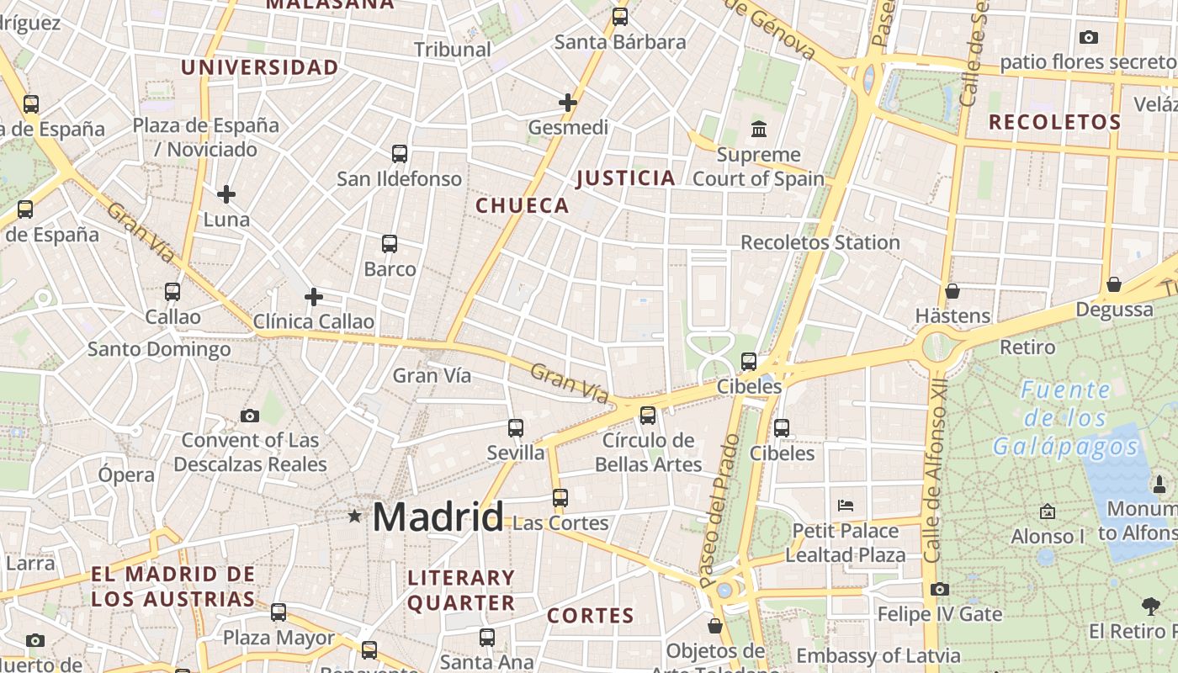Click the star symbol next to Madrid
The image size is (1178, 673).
[355, 516]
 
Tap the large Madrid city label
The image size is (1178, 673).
[438, 517]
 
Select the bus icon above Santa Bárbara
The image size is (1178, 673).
[620, 16]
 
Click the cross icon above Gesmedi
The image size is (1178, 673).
[568, 103]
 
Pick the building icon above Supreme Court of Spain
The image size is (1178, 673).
[759, 130]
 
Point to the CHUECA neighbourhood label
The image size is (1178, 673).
[522, 205]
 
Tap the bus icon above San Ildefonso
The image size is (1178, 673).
[400, 154]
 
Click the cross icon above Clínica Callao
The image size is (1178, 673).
[314, 297]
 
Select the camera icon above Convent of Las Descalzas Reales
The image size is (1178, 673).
[250, 416]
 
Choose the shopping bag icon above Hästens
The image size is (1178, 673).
[952, 291]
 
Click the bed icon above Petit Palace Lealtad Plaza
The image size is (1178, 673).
[846, 506]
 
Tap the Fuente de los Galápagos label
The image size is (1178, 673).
[1065, 418]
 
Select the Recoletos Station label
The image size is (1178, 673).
[820, 242]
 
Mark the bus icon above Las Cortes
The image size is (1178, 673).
[560, 497]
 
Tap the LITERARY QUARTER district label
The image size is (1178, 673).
[460, 591]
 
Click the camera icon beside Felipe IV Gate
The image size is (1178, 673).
[940, 590]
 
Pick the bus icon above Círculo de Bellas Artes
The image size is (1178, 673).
[648, 415]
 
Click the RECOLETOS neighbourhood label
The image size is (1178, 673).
[1054, 122]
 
